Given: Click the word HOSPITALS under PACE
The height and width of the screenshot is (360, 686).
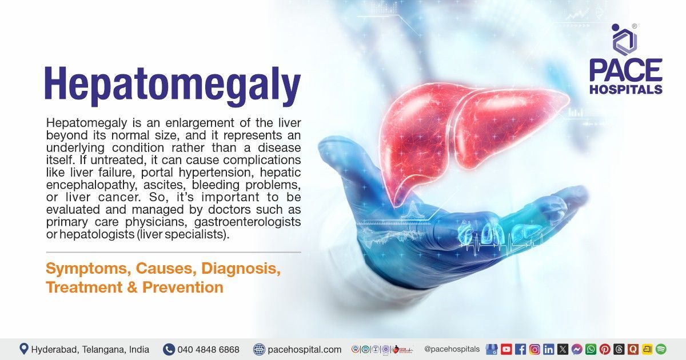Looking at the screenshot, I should [x=626, y=89].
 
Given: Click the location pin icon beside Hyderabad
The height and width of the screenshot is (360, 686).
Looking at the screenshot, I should [x=24, y=349].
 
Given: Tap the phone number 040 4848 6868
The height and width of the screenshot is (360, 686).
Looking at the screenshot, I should [x=208, y=349].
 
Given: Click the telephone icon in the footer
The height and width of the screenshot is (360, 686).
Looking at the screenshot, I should [x=169, y=349].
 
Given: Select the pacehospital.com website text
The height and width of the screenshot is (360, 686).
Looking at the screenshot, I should [x=305, y=349].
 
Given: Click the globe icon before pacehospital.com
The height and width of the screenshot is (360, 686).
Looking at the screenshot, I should [x=260, y=349].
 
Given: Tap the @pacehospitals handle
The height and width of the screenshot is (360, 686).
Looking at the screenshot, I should [x=452, y=349].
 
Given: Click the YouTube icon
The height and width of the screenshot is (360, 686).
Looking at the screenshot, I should [x=506, y=349].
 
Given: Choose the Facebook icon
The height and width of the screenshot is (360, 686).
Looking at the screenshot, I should [x=521, y=349].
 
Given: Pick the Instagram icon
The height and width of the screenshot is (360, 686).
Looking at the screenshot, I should [x=535, y=349].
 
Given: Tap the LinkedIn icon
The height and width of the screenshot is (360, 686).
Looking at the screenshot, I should [x=549, y=349].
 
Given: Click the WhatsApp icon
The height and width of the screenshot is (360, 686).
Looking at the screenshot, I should [x=591, y=349].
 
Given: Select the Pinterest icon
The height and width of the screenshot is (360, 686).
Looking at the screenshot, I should [x=605, y=349].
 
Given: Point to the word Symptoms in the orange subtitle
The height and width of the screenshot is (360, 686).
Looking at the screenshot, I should [x=82, y=268].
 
